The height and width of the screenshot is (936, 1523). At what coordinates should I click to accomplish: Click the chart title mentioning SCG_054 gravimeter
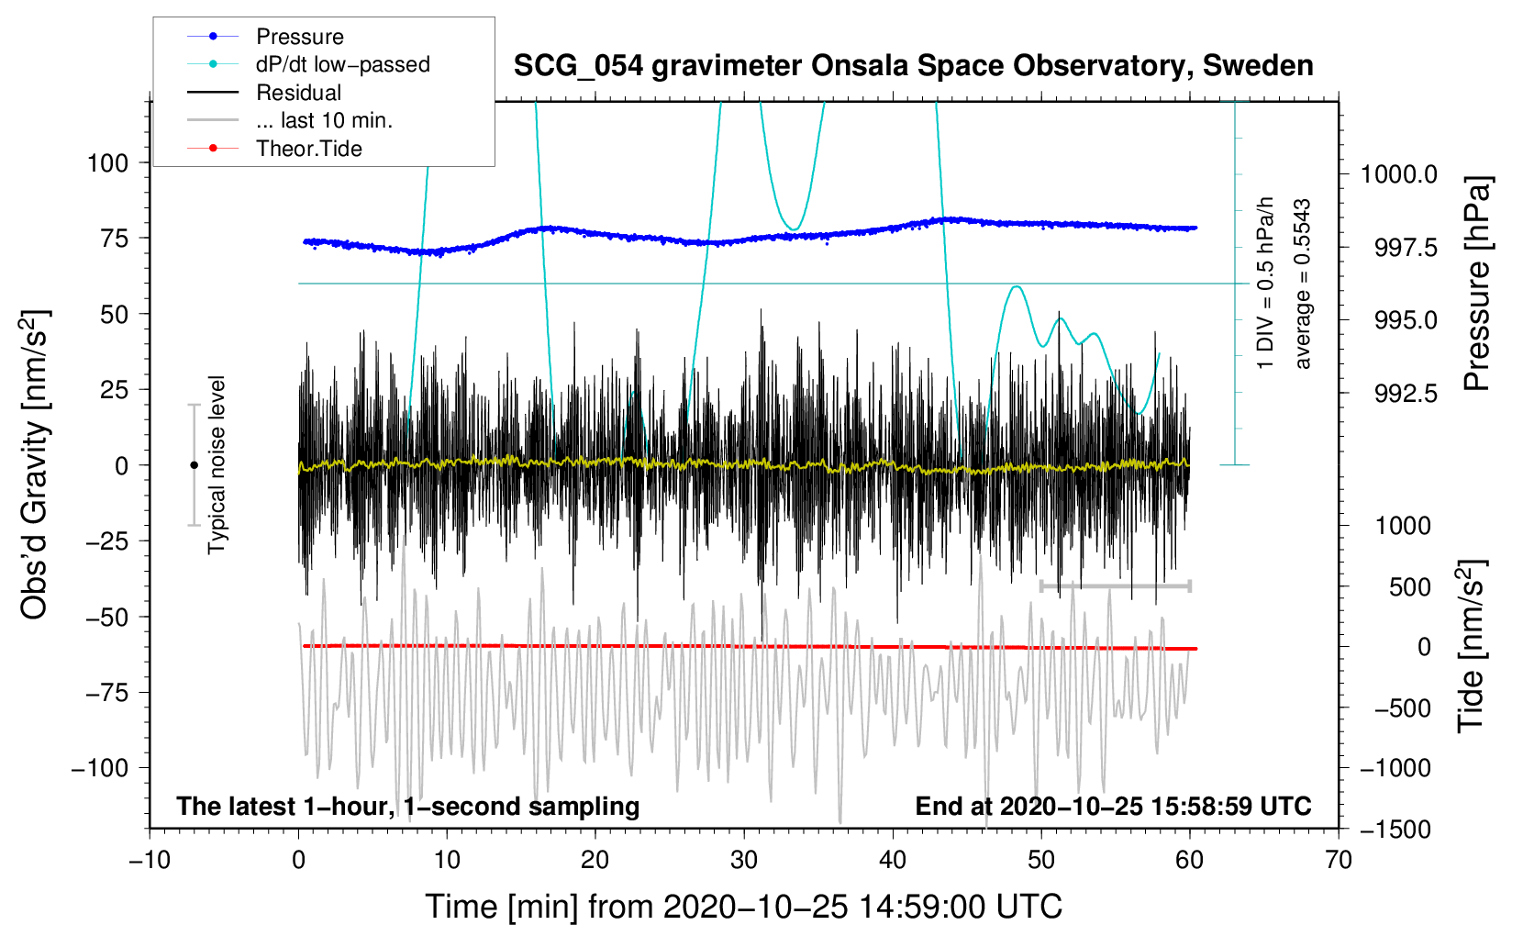coord(913,66)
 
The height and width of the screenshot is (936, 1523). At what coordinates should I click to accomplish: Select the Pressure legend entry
coord(299,37)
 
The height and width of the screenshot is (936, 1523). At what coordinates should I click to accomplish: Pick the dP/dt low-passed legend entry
coord(342,64)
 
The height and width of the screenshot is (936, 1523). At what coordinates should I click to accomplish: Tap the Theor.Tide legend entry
coord(308,149)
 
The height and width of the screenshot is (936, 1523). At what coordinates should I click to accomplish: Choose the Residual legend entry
coord(298,93)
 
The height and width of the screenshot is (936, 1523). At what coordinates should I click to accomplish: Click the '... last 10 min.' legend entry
coord(324,120)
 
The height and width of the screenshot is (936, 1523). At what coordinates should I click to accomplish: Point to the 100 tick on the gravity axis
coord(107,163)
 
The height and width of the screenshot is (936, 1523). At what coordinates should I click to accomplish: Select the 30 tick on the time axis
coord(744,860)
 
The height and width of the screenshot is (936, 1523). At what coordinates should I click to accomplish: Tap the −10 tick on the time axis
coord(150,860)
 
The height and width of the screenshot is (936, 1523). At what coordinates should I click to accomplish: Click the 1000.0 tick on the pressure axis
coord(1398,174)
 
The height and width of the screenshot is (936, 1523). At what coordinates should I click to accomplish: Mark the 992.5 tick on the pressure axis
coord(1406,394)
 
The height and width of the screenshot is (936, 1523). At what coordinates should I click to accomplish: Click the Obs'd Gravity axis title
coord(35,464)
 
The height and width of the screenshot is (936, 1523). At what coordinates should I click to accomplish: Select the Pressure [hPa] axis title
coord(1476,284)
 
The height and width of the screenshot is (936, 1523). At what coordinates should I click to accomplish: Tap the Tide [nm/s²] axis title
coord(1473,646)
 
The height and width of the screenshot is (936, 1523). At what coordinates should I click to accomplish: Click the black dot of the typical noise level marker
coord(194,465)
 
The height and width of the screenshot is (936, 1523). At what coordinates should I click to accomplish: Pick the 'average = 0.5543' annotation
coord(1303,284)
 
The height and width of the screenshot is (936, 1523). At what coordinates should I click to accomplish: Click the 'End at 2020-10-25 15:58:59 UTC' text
coord(1113,806)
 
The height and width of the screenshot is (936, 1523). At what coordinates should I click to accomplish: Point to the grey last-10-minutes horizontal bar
coord(1115,585)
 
